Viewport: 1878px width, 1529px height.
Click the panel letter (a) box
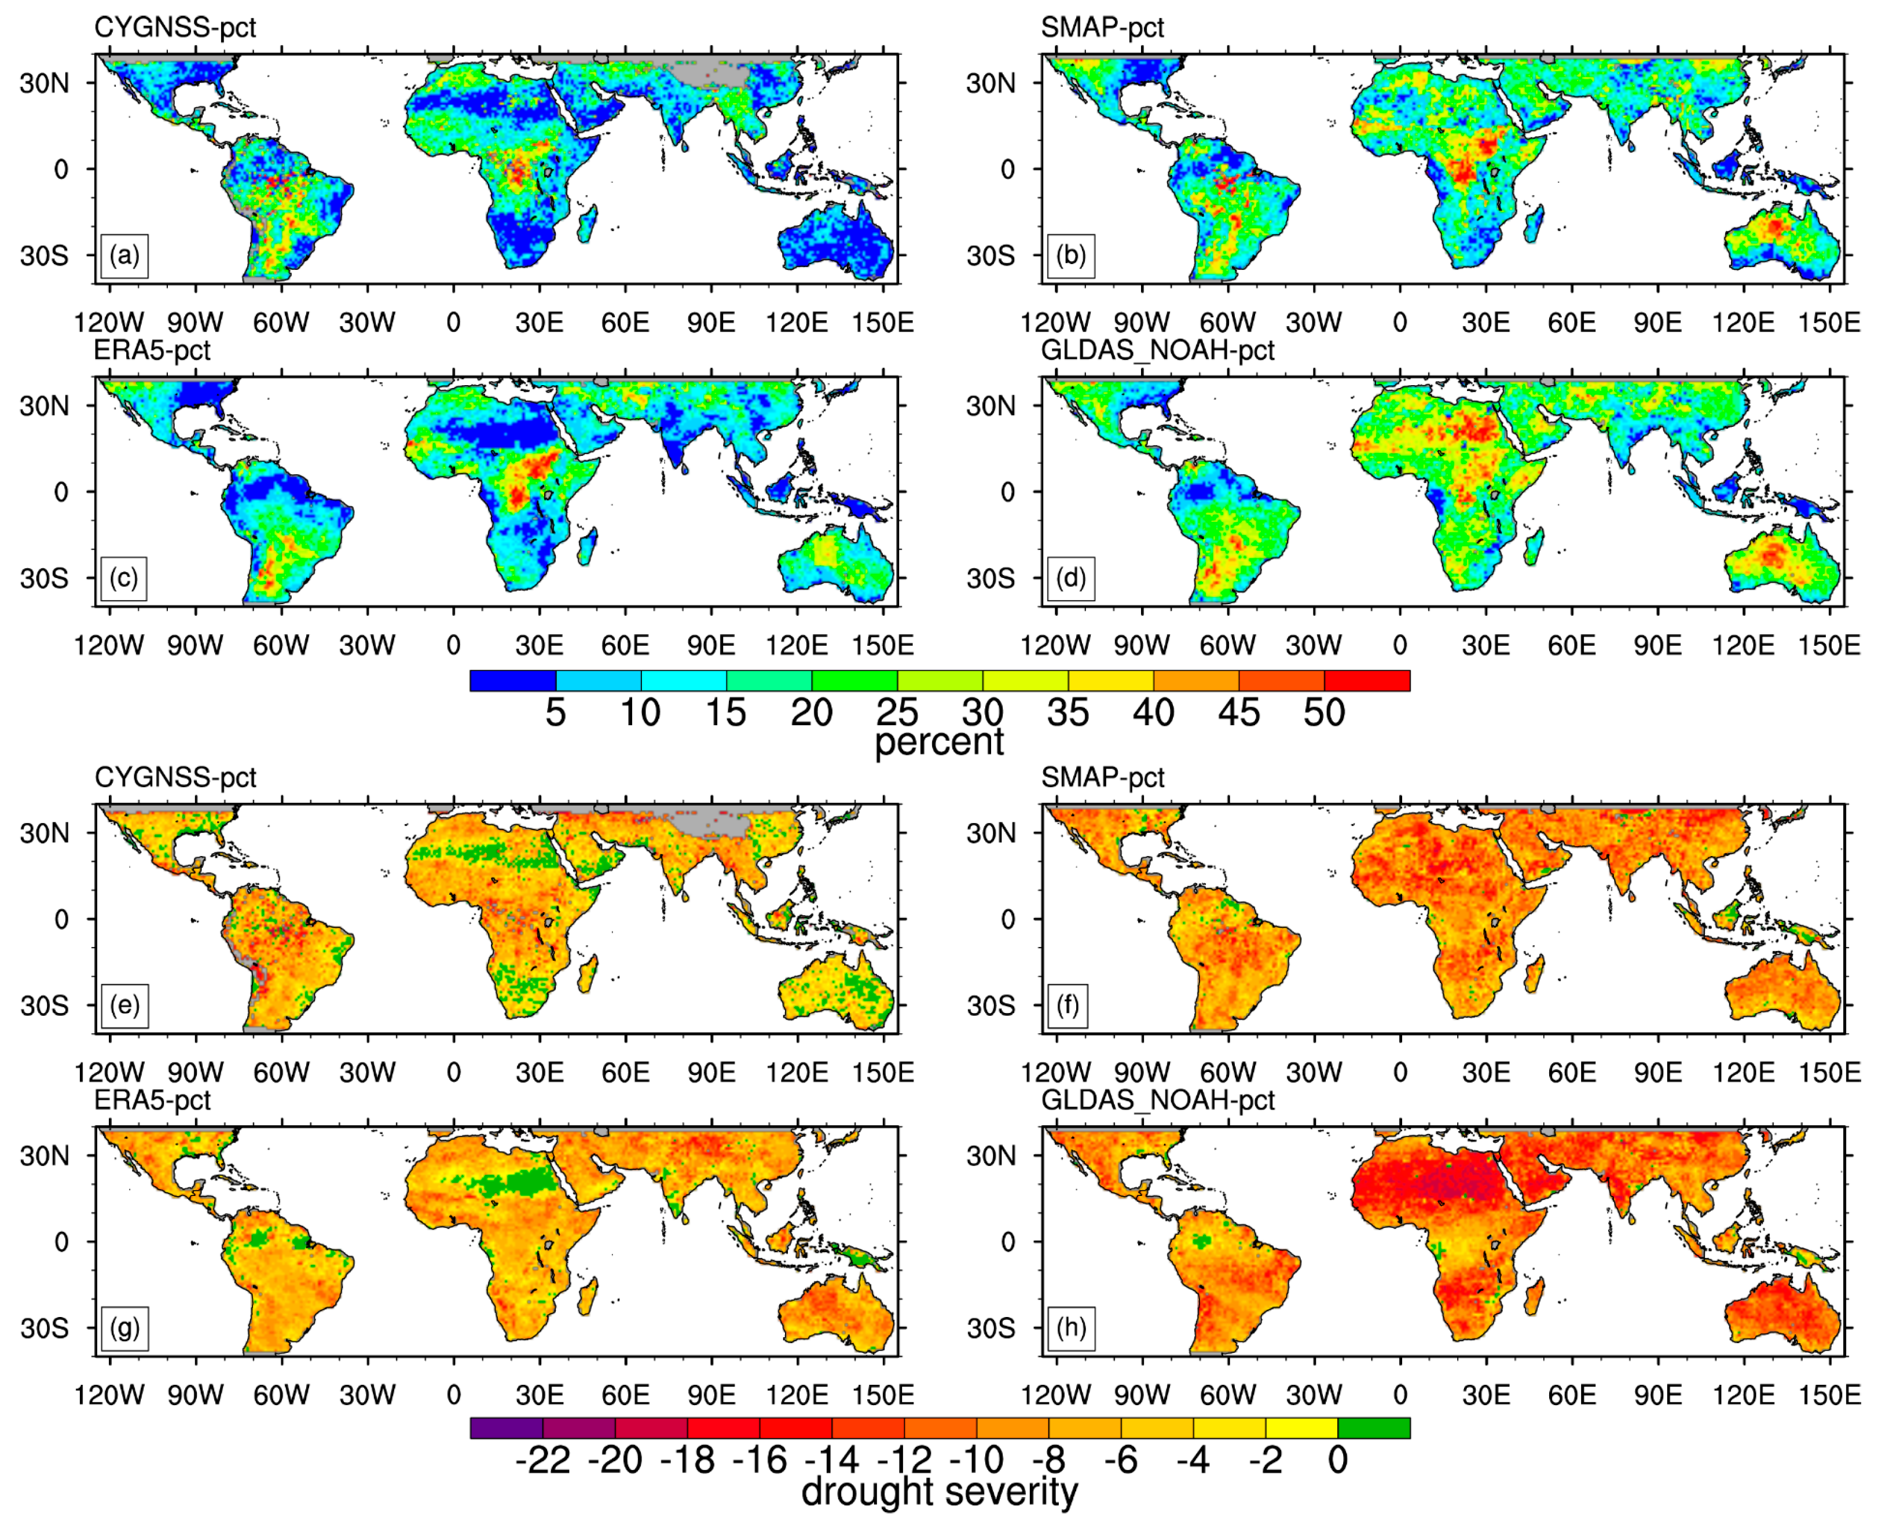(124, 255)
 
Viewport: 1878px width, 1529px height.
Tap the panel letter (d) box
(1070, 579)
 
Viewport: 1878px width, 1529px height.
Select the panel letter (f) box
(1067, 1005)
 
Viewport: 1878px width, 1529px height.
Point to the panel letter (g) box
(124, 1327)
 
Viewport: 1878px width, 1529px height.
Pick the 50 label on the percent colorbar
(1324, 712)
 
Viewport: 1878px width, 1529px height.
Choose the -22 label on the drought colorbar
(542, 1460)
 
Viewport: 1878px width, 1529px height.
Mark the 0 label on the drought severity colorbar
(1337, 1460)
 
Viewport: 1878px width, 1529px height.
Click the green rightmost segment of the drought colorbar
(1374, 1428)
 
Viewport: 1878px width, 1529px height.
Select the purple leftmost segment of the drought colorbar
(506, 1428)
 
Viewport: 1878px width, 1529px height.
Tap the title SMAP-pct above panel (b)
(1102, 27)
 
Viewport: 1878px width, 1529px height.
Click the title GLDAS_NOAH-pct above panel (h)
(1157, 1100)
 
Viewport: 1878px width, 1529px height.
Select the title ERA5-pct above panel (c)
(152, 350)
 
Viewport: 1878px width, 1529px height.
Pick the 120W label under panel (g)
(109, 1395)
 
